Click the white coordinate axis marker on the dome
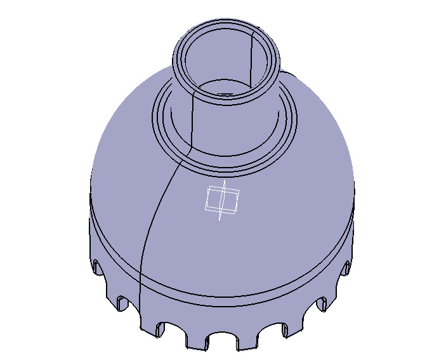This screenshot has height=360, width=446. [x=221, y=201]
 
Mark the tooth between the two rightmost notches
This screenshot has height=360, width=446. [x=337, y=286]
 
